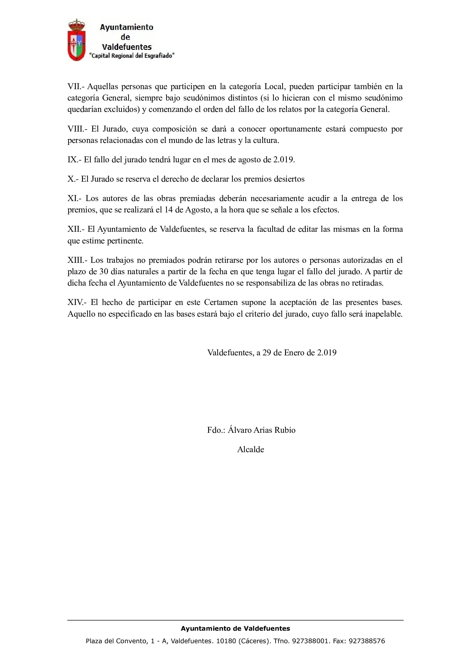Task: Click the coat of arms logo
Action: point(77,40)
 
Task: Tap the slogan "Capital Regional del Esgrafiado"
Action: point(132,56)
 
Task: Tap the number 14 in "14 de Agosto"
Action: point(169,210)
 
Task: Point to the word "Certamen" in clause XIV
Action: point(220,303)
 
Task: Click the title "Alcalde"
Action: point(251,450)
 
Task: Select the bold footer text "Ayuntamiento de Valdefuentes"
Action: point(235,629)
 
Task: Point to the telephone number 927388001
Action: point(310,641)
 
